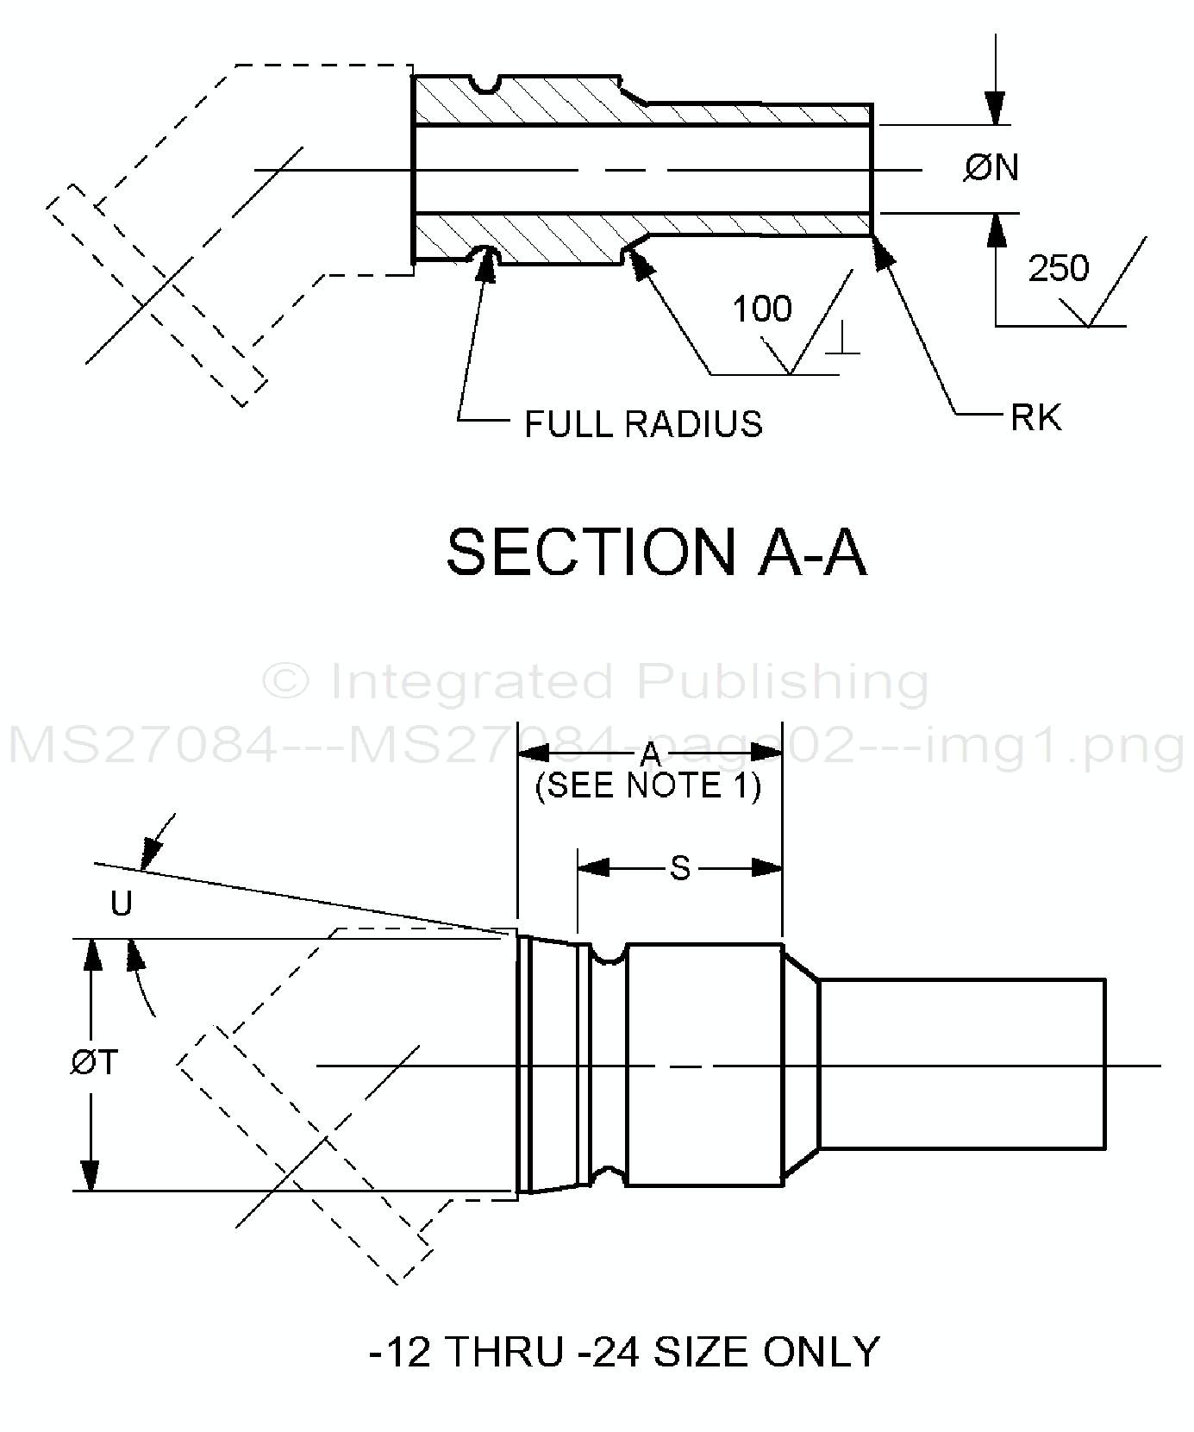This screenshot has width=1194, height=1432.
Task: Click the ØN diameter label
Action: (991, 167)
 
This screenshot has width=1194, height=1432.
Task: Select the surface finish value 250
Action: (1059, 269)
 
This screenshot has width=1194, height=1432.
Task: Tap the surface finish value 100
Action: (762, 309)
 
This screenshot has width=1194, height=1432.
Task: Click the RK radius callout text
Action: (1035, 418)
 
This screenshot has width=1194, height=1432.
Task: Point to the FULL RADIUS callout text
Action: (643, 424)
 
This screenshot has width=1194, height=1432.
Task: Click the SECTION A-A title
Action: (656, 553)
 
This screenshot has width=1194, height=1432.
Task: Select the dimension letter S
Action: (680, 869)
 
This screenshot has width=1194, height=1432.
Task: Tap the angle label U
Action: (122, 904)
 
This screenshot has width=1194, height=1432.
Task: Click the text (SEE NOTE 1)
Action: (648, 786)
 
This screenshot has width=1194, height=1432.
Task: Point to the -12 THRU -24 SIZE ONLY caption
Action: (624, 1351)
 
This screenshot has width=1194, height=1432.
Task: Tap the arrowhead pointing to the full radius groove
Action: (485, 263)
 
